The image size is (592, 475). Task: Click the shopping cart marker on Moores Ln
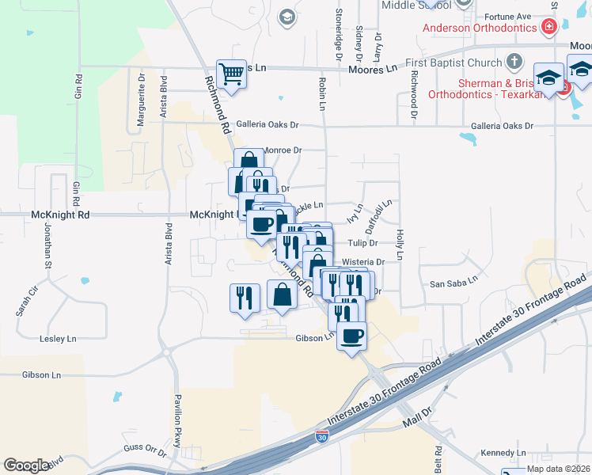click(231, 75)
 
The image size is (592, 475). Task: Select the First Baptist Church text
click(453, 63)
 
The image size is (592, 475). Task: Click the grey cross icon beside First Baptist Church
click(514, 62)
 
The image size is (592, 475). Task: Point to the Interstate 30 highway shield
click(321, 436)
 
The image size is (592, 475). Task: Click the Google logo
click(26, 465)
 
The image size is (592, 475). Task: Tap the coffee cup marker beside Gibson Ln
click(351, 336)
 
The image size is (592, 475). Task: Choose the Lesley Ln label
click(58, 339)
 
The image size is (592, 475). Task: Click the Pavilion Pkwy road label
click(177, 419)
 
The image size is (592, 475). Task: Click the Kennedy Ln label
click(503, 453)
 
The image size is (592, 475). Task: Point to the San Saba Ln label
click(453, 280)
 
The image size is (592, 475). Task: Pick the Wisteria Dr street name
click(363, 261)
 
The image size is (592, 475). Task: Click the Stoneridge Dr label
click(339, 40)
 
